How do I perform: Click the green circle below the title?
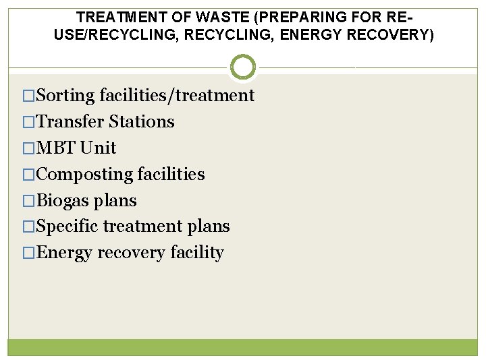pos(243,67)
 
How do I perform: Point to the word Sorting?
pos(65,96)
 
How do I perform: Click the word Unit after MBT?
pos(98,148)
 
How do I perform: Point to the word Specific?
pos(67,227)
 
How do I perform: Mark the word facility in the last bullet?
pos(197,253)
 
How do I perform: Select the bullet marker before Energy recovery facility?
pos(28,253)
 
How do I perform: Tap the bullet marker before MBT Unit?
pos(28,148)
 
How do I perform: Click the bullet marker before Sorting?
pos(28,96)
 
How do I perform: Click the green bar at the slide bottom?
pos(243,347)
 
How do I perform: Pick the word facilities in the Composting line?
pos(171,175)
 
